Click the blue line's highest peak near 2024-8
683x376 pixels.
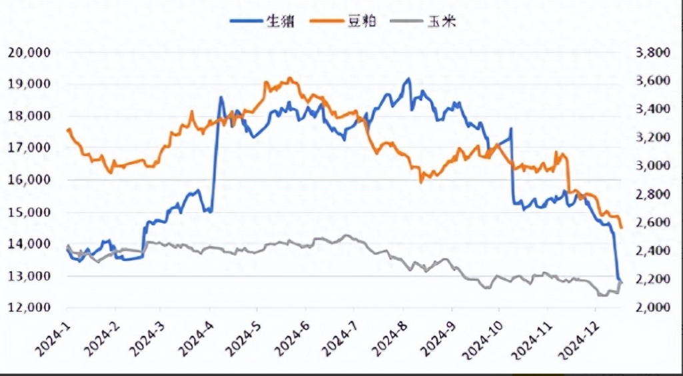pyautogui.click(x=408, y=79)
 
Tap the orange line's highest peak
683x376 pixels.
pyautogui.click(x=290, y=77)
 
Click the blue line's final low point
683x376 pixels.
pyautogui.click(x=620, y=281)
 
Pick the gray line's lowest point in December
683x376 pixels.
pyautogui.click(x=602, y=295)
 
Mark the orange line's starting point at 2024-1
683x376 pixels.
pyautogui.click(x=68, y=129)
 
